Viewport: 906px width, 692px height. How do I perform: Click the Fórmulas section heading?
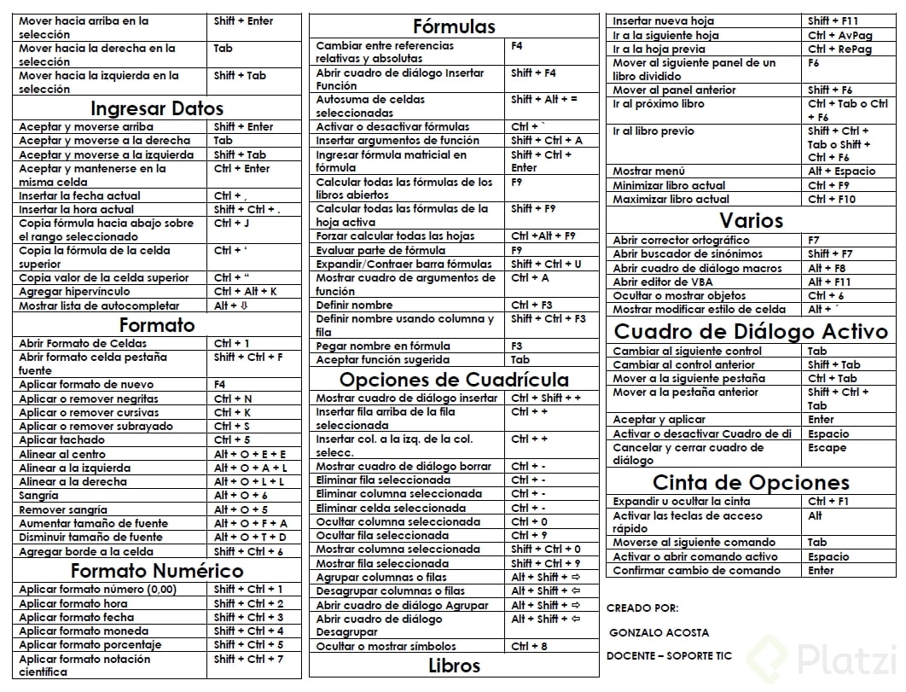454,26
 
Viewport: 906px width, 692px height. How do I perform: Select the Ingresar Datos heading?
157,108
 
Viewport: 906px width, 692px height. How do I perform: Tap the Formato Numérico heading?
157,571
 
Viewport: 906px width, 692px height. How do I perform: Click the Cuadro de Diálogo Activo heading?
752,331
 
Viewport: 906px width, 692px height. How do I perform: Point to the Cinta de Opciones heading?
751,482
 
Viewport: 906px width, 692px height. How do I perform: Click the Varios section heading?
751,220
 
